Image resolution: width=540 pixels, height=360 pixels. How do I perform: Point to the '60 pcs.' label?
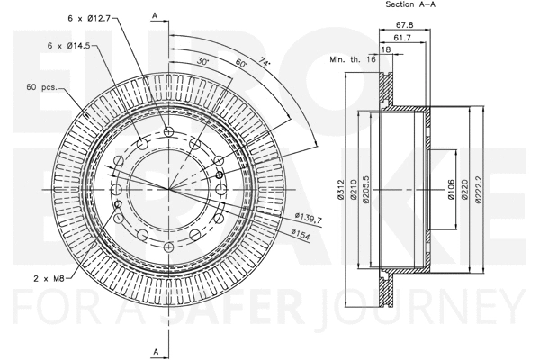41,88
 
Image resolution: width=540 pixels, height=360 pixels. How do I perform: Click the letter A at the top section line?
155,16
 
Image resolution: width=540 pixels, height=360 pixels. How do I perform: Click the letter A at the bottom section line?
155,350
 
